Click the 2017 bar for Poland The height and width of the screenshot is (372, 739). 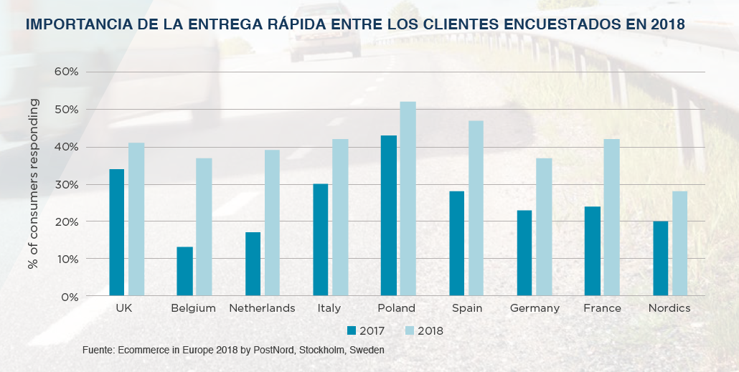pos(388,215)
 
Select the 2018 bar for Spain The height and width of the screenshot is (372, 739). pos(476,208)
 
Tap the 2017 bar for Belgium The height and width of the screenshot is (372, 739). pos(184,271)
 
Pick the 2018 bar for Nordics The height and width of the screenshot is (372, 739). pos(679,243)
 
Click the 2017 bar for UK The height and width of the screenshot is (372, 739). pos(116,232)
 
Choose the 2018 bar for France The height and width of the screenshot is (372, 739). pos(611,217)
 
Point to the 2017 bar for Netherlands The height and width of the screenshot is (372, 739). pos(253,264)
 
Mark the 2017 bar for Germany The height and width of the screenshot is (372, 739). pos(524,252)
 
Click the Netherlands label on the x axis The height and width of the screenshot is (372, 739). pos(262,308)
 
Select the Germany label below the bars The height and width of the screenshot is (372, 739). pos(535,308)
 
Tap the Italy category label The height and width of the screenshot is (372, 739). pos(329,308)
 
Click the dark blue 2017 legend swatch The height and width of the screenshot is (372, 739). pos(352,330)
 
